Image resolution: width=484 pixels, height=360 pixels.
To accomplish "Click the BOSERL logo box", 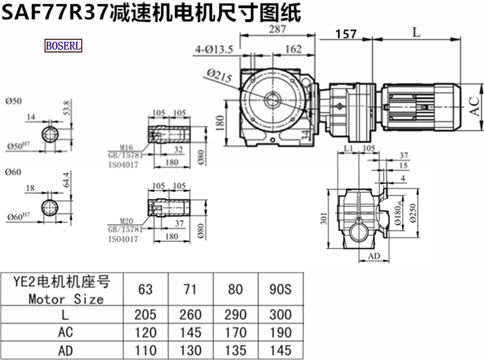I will point(64,45).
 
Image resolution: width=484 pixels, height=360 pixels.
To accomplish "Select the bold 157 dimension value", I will point(345,34).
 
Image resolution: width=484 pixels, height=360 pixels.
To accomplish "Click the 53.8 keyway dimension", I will point(67,107).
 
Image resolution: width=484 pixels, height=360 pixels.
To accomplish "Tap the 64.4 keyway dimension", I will point(67,180).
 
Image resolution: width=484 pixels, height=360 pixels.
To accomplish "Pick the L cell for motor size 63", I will point(146,315).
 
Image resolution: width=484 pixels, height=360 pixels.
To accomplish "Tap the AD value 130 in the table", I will point(191,350).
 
